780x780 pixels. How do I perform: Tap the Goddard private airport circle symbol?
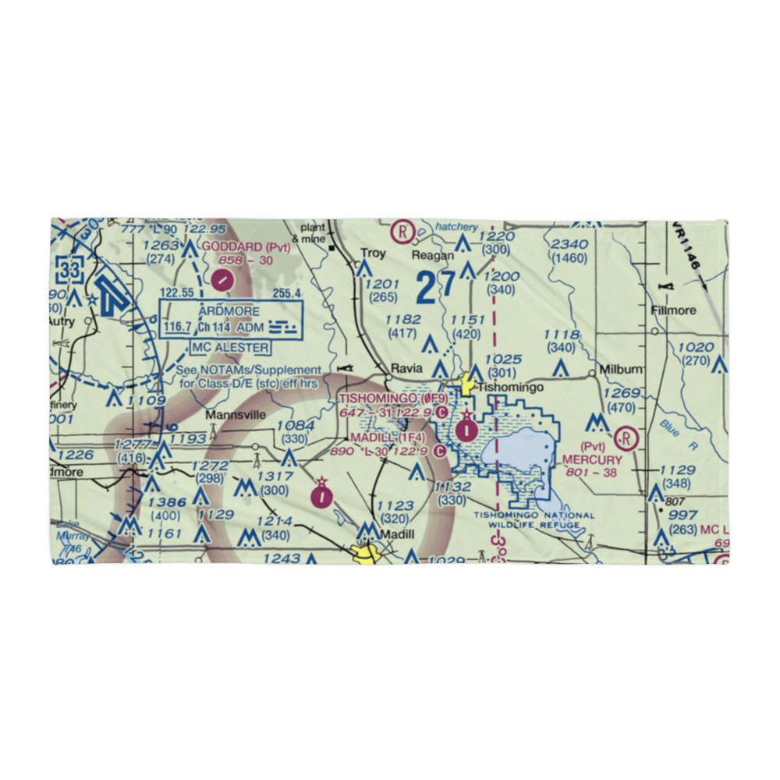[223, 278]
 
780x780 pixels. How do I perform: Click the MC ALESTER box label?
[232, 347]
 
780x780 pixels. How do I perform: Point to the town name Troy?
[373, 253]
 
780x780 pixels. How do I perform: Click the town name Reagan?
[434, 255]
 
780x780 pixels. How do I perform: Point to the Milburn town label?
[621, 368]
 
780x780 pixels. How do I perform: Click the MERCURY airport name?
[592, 460]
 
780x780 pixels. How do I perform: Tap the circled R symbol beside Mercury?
[626, 438]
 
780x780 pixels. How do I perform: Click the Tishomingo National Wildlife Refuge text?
[534, 519]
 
